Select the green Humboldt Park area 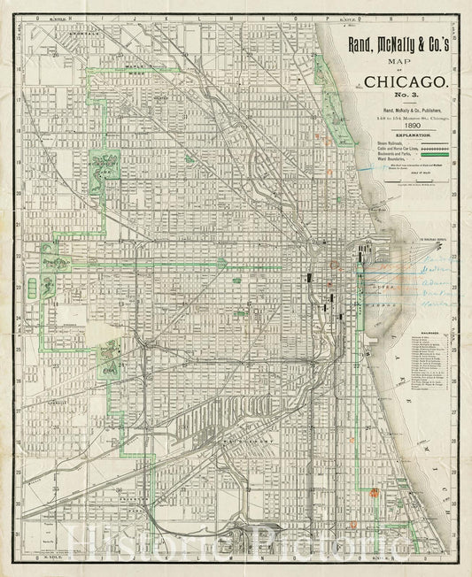(105, 165)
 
